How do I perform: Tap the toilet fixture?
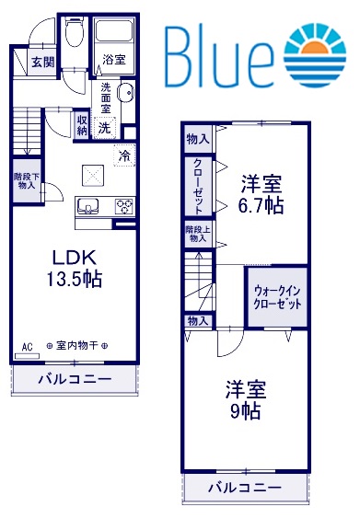[x=76, y=37]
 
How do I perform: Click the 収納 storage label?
[x=83, y=124]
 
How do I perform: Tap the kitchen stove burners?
[x=123, y=206]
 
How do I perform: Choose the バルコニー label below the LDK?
[x=74, y=379]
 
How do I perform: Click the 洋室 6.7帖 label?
[x=261, y=193]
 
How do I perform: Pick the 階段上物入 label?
[x=197, y=234]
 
